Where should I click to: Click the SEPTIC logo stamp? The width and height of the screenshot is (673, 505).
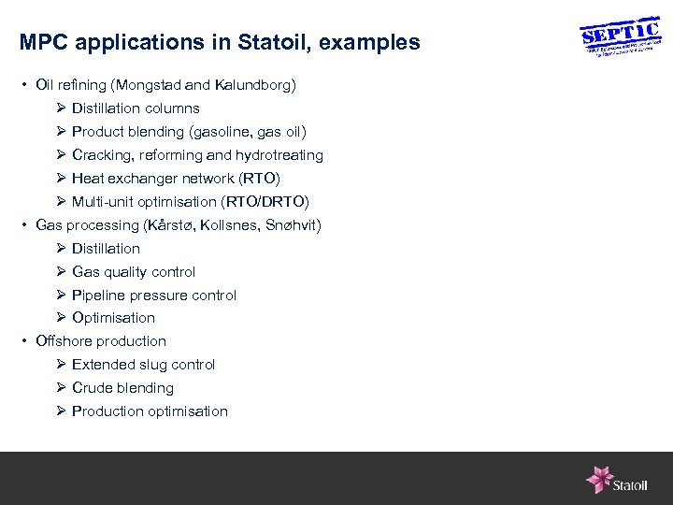pyautogui.click(x=620, y=38)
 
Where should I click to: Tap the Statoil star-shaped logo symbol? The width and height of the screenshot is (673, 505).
pyautogui.click(x=598, y=479)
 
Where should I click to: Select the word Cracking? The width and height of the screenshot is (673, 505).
pyautogui.click(x=99, y=155)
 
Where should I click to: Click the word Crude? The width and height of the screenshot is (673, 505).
pyautogui.click(x=92, y=388)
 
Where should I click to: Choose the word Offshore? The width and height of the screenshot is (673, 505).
pyautogui.click(x=64, y=341)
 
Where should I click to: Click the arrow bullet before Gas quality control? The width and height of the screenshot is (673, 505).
pyautogui.click(x=60, y=272)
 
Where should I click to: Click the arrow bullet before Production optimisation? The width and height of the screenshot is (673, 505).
pyautogui.click(x=60, y=411)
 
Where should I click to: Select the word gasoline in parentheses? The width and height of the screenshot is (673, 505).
pyautogui.click(x=218, y=132)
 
